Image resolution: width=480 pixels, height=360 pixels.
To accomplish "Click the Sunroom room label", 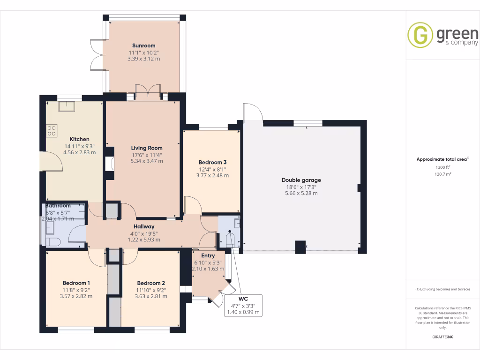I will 143,45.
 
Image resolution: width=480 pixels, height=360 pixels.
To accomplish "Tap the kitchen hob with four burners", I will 52,131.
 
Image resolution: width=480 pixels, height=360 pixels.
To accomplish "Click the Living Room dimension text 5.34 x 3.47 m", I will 147,161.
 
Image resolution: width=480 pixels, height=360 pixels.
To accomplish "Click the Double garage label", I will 301,180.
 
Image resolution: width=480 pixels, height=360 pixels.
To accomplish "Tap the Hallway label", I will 144,226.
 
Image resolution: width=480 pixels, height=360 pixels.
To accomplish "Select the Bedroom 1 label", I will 76,283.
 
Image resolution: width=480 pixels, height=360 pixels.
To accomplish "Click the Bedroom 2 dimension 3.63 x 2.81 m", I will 150,296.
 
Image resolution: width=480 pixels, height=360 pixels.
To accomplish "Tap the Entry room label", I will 208,255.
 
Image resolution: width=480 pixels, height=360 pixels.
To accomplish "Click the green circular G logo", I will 420,35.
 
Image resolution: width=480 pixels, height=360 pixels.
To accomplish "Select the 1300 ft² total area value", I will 443,167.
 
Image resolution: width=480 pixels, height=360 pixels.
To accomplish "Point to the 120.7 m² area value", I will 443,174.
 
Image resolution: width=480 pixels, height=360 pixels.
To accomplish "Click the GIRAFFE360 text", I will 443,337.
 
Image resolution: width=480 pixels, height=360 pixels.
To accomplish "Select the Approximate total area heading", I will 442,159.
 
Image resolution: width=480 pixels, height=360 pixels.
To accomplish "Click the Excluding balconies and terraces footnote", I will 443,289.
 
